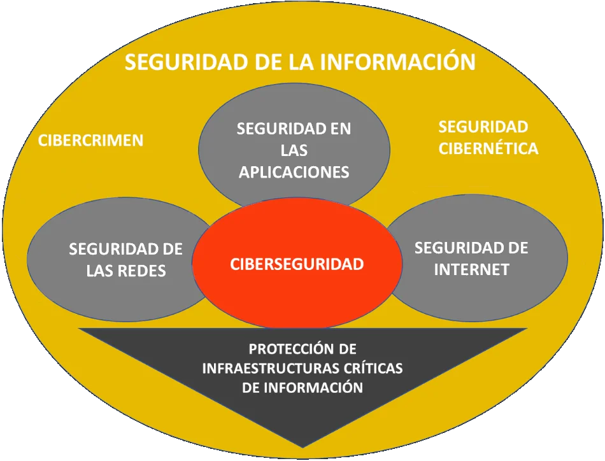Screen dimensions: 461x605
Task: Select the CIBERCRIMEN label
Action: point(90,140)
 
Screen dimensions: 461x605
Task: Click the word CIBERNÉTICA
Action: point(488,148)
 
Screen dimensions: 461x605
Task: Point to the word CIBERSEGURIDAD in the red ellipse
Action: point(297,264)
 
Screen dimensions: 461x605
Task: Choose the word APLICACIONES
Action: point(294,172)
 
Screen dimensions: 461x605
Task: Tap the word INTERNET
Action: point(472,269)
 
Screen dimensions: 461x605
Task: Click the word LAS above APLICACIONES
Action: point(294,150)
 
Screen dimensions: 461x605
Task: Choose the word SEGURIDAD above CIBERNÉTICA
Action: point(483,127)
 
